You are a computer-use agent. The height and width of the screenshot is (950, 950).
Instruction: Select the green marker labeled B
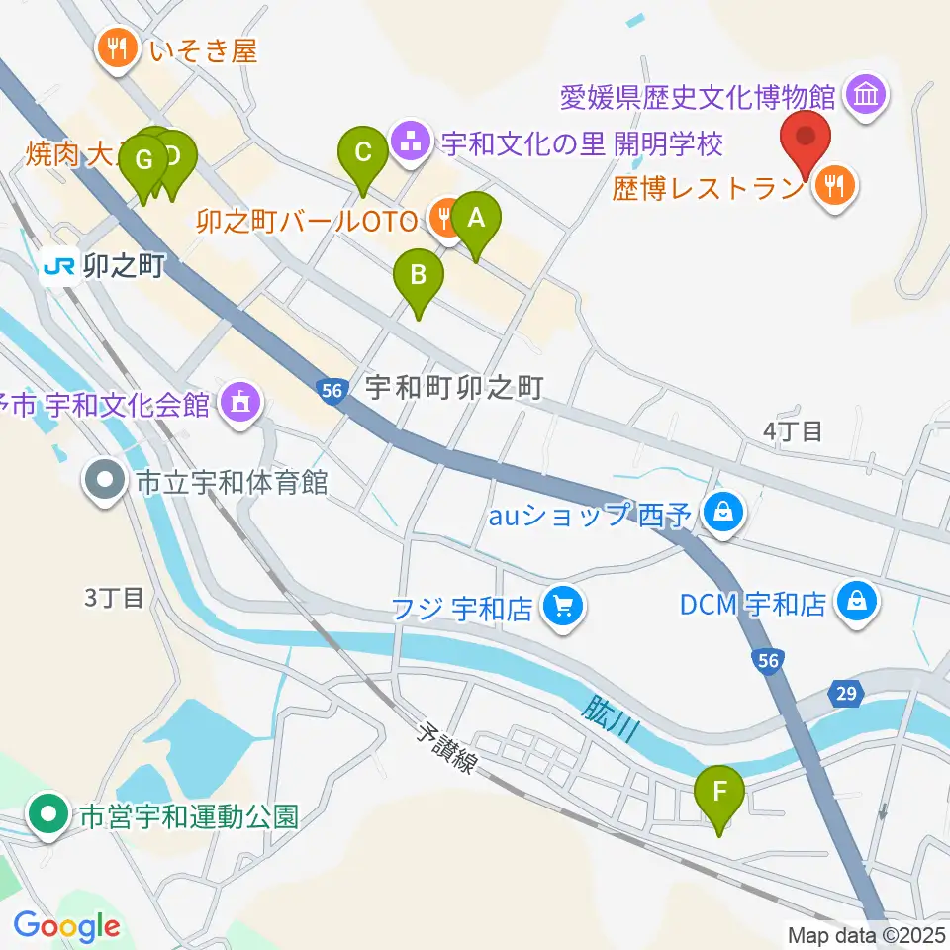[418, 278]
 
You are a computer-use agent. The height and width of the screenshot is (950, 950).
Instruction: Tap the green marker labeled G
[144, 162]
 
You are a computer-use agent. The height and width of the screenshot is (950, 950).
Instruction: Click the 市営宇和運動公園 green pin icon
[47, 816]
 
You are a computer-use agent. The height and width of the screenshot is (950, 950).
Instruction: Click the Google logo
[66, 926]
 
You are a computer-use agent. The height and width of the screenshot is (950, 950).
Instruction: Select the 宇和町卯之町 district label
[455, 387]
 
